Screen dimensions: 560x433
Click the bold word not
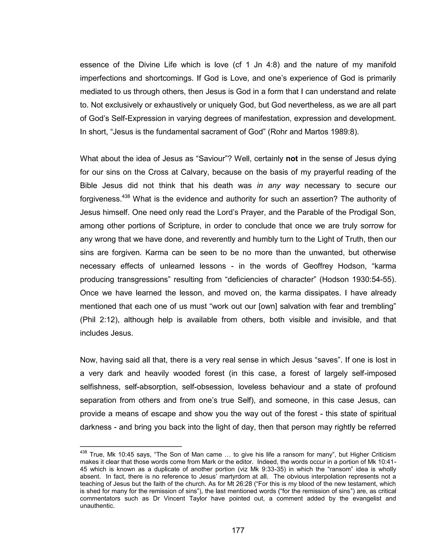(292, 159)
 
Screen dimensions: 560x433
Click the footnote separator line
(131, 446)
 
